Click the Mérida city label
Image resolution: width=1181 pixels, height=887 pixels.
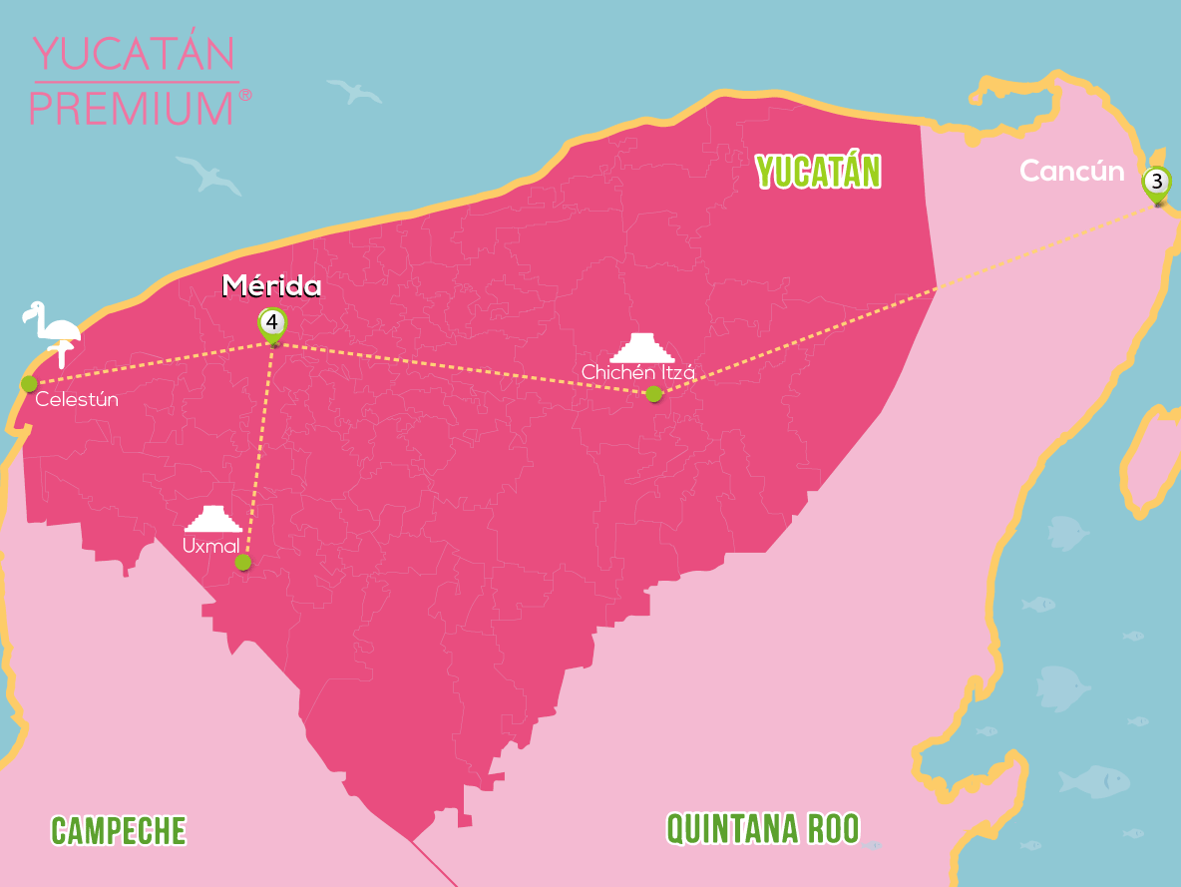(x=271, y=287)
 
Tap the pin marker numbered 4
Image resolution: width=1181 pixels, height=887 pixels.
(x=271, y=323)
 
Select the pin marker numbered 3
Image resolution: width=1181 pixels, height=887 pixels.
(x=1156, y=183)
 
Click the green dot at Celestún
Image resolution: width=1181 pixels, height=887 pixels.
(x=29, y=383)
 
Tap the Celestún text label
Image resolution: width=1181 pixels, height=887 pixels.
(x=77, y=400)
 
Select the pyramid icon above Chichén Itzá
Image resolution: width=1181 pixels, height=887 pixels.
(x=642, y=347)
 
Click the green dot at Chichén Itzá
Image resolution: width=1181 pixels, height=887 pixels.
(x=653, y=394)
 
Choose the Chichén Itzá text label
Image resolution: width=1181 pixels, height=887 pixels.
(x=637, y=372)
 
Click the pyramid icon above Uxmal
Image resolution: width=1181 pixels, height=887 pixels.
(x=213, y=519)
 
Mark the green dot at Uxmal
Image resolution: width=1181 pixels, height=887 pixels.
(x=242, y=563)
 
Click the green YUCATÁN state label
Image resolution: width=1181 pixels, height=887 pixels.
(x=818, y=172)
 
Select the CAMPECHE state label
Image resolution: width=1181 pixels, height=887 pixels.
(x=119, y=830)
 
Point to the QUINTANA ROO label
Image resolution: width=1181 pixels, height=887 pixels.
(x=762, y=828)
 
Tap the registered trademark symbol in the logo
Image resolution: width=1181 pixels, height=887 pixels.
(x=245, y=96)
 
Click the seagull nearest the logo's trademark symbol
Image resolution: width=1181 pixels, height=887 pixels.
(x=355, y=92)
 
